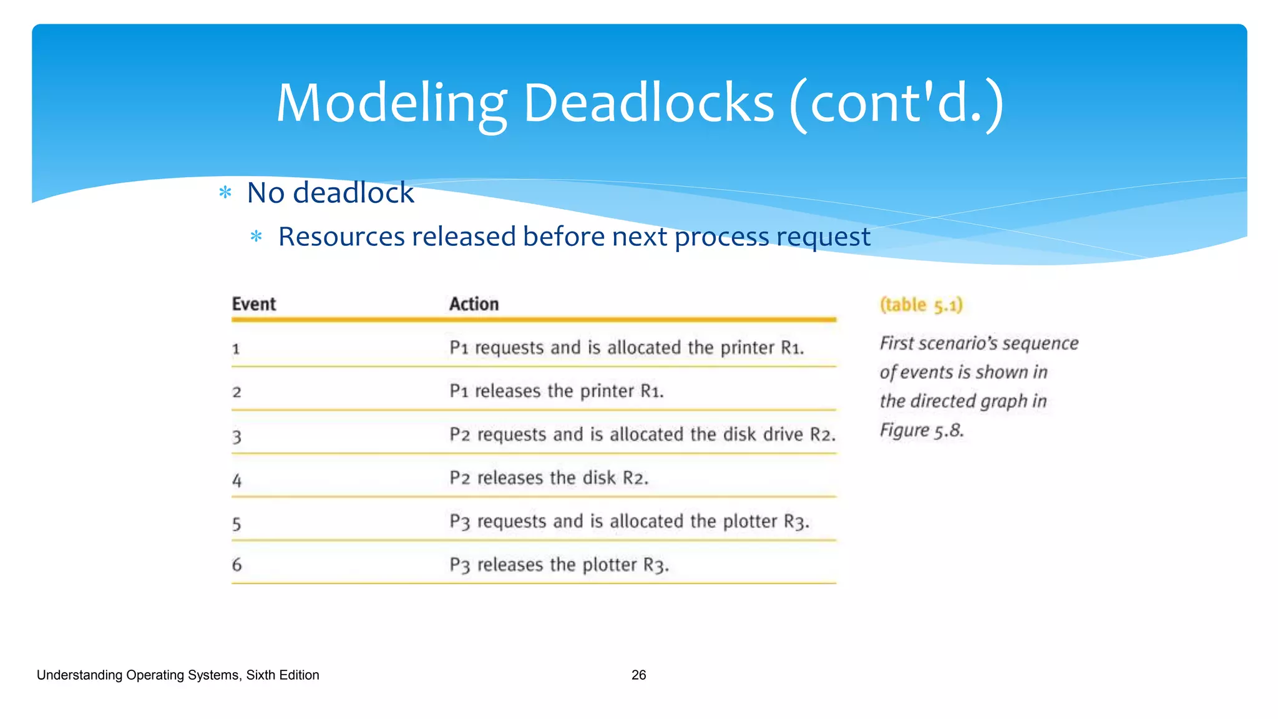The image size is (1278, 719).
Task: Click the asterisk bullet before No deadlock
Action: click(225, 193)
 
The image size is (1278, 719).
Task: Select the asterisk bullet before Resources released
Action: click(256, 237)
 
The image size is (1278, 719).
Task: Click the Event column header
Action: click(253, 304)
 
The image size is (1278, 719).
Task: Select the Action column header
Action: click(474, 304)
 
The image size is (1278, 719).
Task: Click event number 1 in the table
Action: click(236, 349)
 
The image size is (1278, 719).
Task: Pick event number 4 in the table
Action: click(237, 480)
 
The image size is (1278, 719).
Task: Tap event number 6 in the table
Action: click(237, 565)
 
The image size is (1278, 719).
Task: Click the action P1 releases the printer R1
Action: click(556, 391)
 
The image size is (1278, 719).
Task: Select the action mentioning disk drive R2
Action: click(642, 434)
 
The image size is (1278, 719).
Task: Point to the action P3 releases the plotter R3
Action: click(559, 565)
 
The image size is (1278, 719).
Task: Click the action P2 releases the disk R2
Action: click(549, 478)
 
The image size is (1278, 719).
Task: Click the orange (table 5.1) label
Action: click(921, 305)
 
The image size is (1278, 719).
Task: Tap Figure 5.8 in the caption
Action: click(921, 430)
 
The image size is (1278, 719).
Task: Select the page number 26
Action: click(638, 675)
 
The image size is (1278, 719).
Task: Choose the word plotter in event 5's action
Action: click(749, 521)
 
